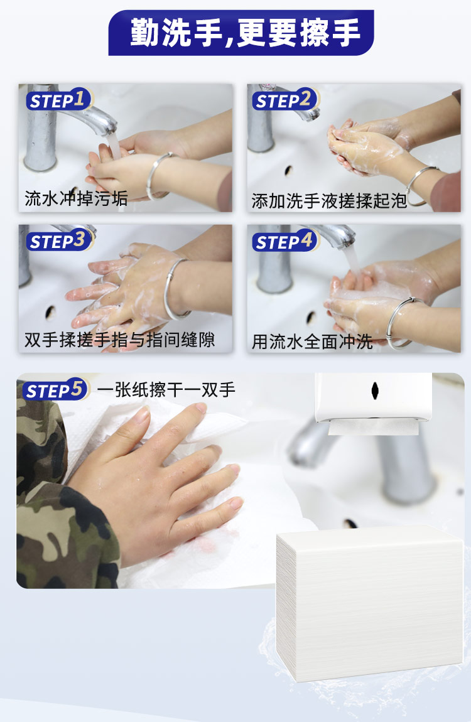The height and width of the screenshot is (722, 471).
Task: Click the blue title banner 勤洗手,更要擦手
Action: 241,33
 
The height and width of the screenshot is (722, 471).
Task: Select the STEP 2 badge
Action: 286,100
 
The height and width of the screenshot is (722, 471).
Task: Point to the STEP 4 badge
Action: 286,241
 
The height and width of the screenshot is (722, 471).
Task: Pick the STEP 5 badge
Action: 55,389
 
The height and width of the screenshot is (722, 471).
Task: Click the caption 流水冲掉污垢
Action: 76,198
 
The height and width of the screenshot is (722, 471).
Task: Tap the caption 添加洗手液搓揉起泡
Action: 329,201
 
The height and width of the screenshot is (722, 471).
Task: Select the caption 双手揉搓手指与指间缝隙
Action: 120,340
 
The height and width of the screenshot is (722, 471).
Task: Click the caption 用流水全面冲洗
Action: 312,342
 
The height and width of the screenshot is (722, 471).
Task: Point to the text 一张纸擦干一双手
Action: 166,390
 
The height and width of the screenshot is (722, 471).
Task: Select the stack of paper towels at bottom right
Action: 370,603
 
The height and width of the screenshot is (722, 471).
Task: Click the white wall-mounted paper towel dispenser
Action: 374,398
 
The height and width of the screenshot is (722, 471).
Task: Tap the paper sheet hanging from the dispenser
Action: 374,427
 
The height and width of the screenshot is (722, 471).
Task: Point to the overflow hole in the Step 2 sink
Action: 289,170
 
